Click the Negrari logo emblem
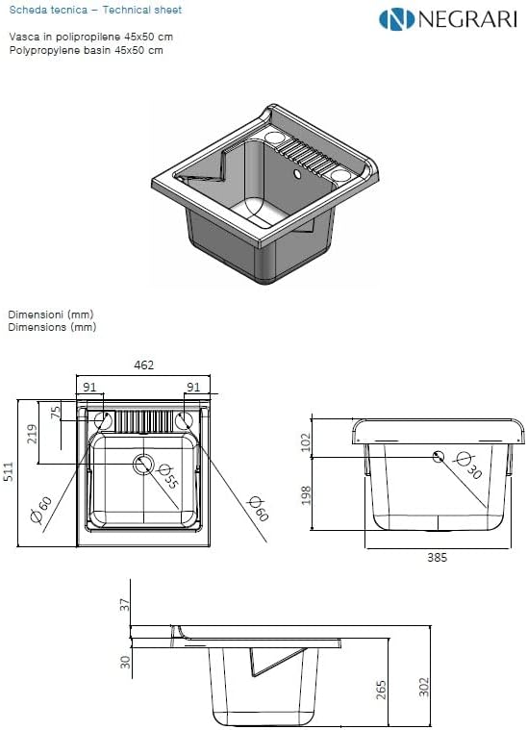[396, 19]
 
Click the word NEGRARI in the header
[467, 19]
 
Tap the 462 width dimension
[144, 365]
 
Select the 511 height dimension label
[10, 471]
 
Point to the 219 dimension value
[32, 434]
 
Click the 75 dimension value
[56, 412]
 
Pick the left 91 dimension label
[89, 387]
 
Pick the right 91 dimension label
[193, 387]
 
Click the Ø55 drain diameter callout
[168, 476]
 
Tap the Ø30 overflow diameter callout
[468, 466]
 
